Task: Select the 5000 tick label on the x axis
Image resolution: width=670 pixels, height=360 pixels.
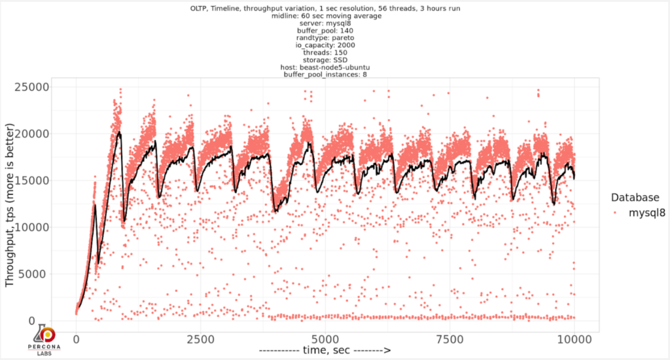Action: coord(325,340)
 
